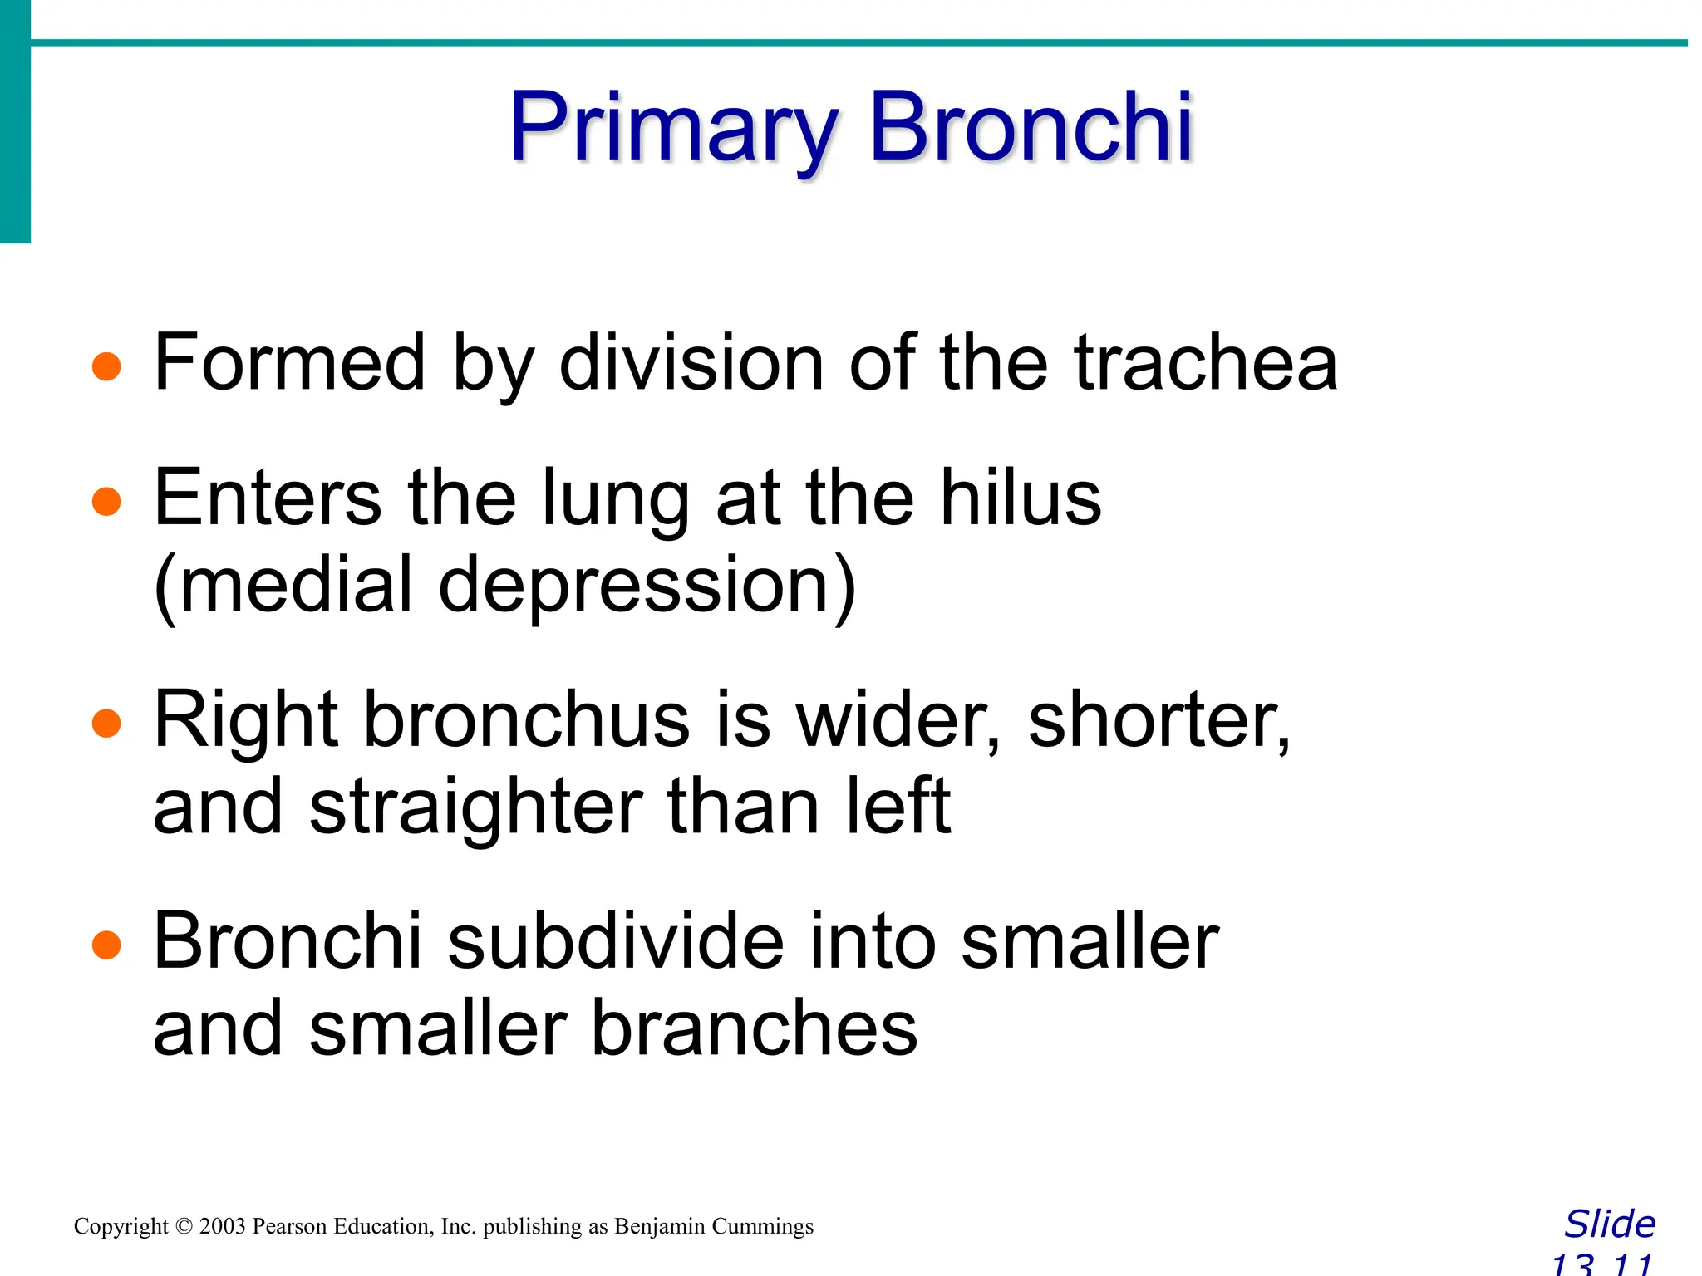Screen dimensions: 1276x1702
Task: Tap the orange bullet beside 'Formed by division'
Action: click(106, 366)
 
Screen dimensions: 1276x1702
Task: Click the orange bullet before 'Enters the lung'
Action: click(106, 501)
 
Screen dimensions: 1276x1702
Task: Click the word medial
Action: click(295, 585)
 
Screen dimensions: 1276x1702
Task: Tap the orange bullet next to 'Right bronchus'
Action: click(106, 723)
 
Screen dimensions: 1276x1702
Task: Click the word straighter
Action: click(476, 807)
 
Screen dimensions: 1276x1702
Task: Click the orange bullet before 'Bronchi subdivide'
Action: click(106, 945)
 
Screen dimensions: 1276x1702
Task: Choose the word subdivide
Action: click(616, 941)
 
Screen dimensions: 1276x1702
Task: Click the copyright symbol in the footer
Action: click(184, 1227)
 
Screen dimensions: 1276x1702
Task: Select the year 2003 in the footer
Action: click(222, 1227)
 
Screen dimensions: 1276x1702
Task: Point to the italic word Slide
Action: click(1610, 1224)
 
